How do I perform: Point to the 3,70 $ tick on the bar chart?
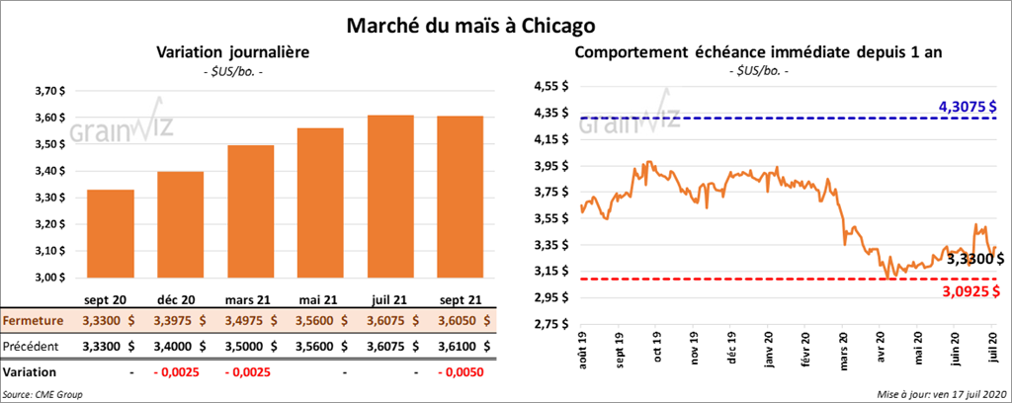(x=50, y=91)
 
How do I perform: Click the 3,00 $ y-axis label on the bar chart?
(x=50, y=278)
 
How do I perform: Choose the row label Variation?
(x=29, y=372)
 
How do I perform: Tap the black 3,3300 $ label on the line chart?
(x=972, y=259)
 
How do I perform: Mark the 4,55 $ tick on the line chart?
(x=551, y=86)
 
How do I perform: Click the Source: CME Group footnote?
(x=42, y=394)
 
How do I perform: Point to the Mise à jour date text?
(x=940, y=394)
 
